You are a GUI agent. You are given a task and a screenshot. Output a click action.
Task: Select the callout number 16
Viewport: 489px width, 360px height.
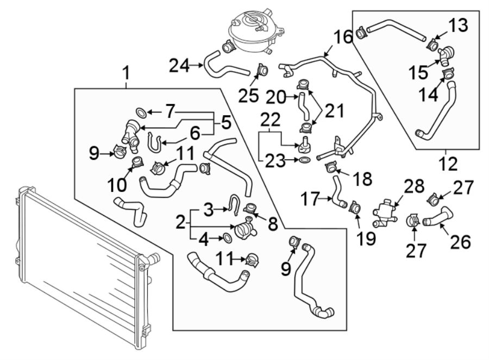[342, 38]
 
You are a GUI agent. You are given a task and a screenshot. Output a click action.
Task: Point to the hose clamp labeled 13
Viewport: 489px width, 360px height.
[434, 42]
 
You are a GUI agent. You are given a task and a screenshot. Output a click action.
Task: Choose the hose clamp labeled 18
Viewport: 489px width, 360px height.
[330, 168]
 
